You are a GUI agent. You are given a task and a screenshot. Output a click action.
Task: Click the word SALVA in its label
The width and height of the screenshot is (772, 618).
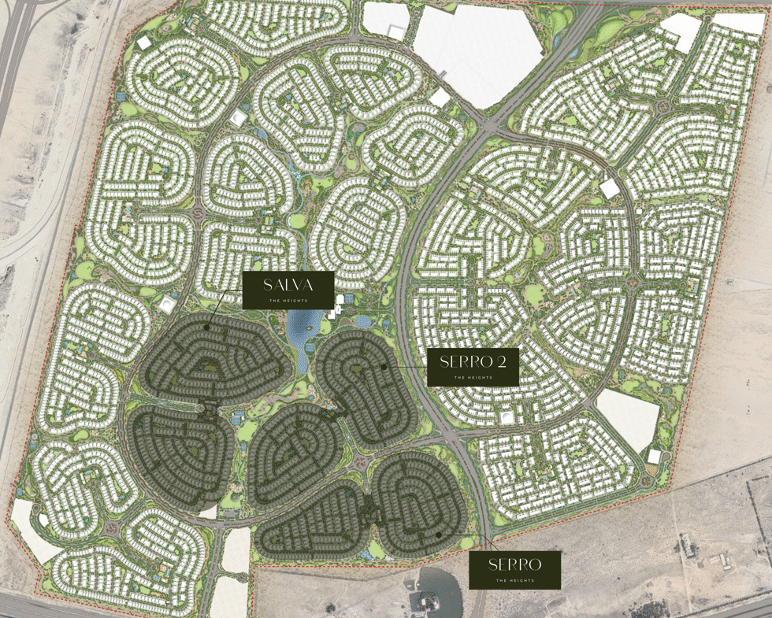[288, 285]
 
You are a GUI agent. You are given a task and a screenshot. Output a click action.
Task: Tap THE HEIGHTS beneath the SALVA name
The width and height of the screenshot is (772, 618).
[288, 301]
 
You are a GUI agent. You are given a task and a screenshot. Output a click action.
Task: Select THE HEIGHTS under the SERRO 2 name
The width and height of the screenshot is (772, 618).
[473, 378]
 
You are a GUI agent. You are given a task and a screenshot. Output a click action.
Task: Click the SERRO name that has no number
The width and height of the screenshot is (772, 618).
[514, 564]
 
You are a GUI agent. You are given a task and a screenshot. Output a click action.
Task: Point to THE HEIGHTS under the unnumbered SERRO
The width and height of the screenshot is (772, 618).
[514, 581]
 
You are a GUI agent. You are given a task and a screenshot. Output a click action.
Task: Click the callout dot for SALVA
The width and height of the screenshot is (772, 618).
[207, 326]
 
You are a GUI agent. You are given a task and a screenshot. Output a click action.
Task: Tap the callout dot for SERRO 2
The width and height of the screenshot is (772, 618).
[384, 366]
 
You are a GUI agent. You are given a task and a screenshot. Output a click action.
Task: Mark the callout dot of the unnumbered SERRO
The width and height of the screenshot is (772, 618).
[438, 535]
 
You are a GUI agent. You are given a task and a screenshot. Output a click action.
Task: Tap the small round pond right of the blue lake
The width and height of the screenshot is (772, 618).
[363, 321]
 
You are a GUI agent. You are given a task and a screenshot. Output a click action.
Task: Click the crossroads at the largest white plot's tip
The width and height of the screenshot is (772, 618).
[491, 124]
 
